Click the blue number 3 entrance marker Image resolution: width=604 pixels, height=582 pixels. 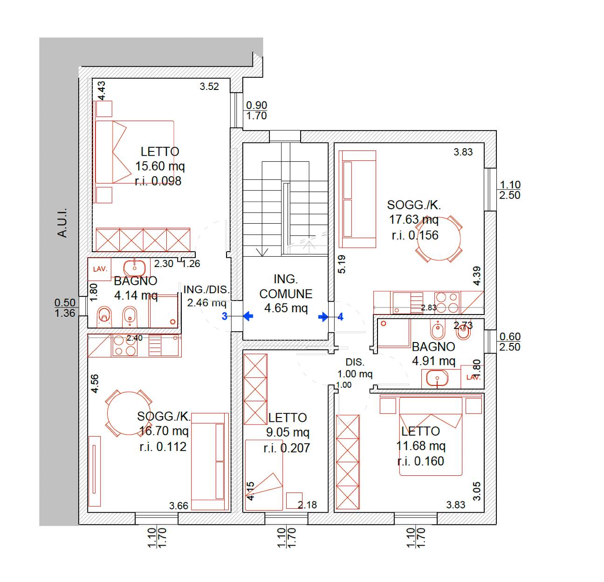coord(225,316)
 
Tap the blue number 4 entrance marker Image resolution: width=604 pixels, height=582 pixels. coord(341,316)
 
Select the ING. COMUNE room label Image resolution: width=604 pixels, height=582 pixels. coord(286,287)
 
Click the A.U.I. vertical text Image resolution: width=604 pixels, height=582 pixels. coord(62,223)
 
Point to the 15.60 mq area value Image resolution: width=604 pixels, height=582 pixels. coord(160,166)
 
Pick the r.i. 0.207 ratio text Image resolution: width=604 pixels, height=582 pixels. coord(287,448)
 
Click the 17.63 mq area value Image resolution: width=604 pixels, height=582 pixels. coord(414,219)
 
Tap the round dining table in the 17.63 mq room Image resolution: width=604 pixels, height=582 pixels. coord(439,239)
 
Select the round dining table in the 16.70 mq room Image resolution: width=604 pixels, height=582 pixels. coord(129,413)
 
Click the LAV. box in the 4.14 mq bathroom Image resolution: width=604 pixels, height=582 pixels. coord(99,269)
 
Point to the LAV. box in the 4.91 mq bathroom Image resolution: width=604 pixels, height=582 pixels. coord(473,377)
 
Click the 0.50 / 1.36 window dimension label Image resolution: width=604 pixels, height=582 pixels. coord(65,308)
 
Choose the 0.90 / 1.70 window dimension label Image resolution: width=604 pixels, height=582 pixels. coord(256,110)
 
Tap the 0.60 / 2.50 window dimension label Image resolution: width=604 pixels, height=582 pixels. coord(510,342)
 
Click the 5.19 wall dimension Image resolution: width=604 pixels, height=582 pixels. coord(342,264)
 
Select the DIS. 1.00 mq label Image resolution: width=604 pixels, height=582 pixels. coord(355,368)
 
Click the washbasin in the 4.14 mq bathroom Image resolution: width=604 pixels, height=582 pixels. coord(134,268)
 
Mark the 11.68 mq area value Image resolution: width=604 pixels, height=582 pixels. coord(420,446)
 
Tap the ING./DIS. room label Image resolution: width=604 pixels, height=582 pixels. coord(206,290)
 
